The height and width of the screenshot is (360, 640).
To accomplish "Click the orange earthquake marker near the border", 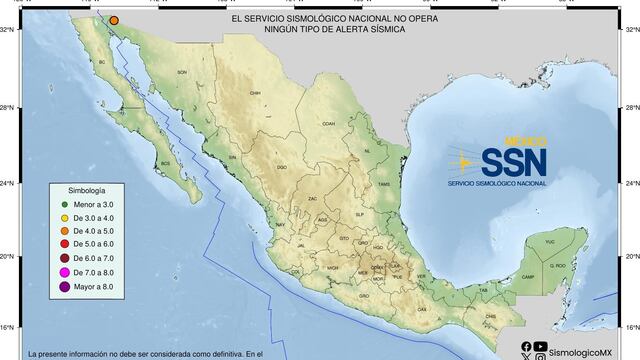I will (x=115, y=20).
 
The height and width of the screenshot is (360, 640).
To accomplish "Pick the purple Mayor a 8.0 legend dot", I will (x=63, y=288).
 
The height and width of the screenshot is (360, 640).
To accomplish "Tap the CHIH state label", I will (x=255, y=93).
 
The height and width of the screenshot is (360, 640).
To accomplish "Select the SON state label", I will (x=182, y=73).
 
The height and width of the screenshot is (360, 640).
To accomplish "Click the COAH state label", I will (x=326, y=124).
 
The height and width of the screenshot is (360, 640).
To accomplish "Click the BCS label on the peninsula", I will (x=164, y=163).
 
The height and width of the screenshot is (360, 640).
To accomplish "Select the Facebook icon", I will (x=527, y=346).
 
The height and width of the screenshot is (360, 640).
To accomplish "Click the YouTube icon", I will (x=541, y=346).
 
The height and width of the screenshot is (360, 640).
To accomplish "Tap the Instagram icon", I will (x=541, y=356).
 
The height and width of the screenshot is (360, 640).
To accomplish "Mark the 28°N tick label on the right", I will (x=631, y=106).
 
